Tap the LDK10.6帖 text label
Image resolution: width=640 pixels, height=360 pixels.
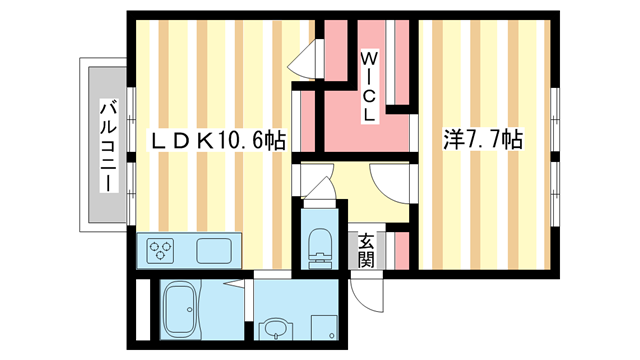coord(218,142)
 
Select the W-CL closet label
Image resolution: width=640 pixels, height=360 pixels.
coord(367,88)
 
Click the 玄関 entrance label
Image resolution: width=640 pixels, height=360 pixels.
coord(366,250)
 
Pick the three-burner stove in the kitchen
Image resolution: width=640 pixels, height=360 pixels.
coord(162,250)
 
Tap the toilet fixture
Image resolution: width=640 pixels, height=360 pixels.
coord(321,245)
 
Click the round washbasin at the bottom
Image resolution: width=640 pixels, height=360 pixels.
coord(273,328)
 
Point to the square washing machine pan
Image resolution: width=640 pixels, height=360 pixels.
coord(325,328)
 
